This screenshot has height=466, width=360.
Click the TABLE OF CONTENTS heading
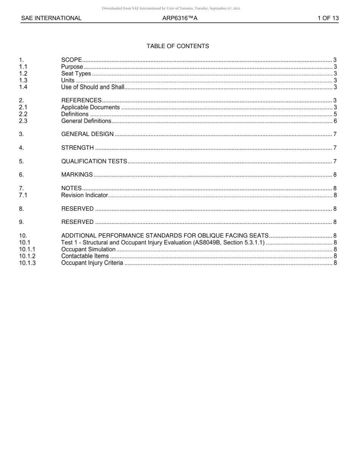click(178, 46)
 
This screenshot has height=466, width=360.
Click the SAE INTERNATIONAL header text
click(51, 18)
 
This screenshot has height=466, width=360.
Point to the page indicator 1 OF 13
click(328, 18)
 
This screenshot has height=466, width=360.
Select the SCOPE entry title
click(72, 60)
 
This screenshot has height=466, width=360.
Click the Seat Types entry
click(76, 73)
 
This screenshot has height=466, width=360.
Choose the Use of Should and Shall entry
click(93, 87)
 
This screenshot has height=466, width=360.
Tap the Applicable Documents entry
click(91, 107)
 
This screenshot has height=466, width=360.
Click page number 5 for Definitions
click(335, 114)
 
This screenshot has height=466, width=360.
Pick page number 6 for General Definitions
click(335, 121)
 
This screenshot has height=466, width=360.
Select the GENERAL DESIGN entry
click(87, 134)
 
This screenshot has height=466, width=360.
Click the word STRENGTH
click(77, 148)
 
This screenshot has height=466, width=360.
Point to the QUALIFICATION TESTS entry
click(94, 161)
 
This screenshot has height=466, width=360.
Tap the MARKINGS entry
click(77, 175)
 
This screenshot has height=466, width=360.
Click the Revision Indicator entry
click(85, 195)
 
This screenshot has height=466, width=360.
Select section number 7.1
click(23, 195)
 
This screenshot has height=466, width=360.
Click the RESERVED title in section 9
click(77, 222)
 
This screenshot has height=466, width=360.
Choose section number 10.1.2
click(27, 256)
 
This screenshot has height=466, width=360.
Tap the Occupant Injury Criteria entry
click(92, 263)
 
